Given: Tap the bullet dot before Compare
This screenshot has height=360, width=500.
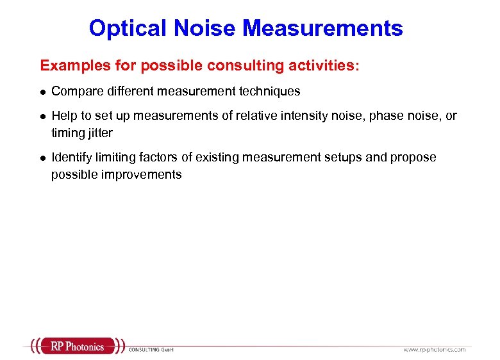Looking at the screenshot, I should click(42, 92).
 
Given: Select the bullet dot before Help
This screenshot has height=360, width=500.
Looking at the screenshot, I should click(42, 117).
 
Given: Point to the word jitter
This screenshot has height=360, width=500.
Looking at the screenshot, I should click(99, 133).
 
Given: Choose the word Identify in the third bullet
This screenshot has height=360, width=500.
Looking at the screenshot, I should click(72, 158).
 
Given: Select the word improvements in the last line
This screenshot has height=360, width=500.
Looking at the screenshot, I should click(142, 174).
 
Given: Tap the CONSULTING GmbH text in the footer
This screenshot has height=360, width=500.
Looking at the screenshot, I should click(151, 349).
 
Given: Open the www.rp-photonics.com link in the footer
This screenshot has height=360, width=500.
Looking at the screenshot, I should click(434, 349).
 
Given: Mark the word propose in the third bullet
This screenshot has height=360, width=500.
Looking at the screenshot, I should click(414, 158).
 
